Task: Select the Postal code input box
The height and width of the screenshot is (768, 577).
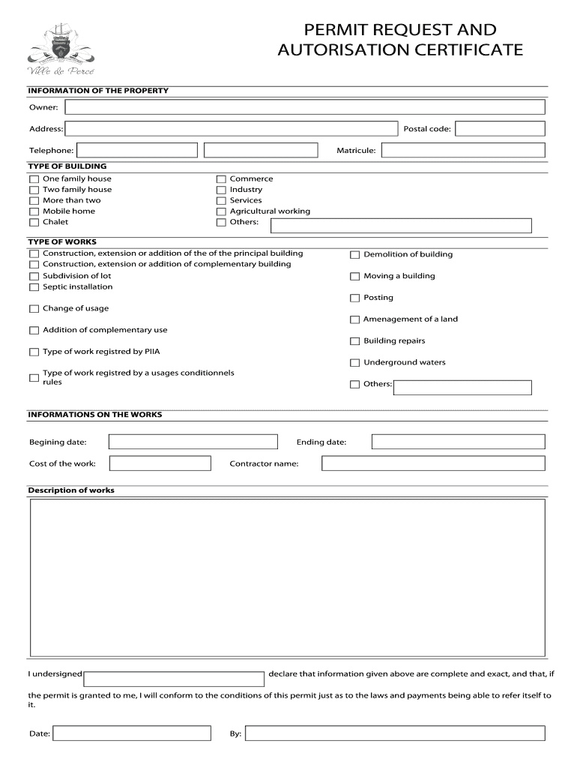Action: click(x=500, y=129)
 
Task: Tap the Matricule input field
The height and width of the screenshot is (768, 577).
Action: click(x=463, y=151)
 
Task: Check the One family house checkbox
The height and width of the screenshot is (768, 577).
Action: click(x=34, y=179)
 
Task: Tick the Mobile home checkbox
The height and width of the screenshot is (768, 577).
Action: click(x=34, y=211)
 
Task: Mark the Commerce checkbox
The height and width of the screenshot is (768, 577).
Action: click(x=221, y=179)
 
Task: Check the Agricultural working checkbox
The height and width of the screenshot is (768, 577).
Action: click(x=221, y=211)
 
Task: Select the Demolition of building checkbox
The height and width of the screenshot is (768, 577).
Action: click(x=355, y=255)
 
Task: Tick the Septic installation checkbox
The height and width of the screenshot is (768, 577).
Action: click(x=34, y=287)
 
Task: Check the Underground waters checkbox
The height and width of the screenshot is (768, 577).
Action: click(x=355, y=363)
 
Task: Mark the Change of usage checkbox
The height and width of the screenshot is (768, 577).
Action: click(x=34, y=309)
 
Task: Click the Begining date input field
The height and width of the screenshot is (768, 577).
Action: click(x=193, y=442)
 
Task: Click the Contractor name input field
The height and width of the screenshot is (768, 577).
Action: click(x=433, y=463)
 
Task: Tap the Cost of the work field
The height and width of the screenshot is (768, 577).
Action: click(x=160, y=463)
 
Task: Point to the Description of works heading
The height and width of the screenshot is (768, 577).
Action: click(x=71, y=490)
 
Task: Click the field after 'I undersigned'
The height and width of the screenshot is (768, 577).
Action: click(x=174, y=679)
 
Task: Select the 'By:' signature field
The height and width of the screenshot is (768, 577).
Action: click(x=395, y=733)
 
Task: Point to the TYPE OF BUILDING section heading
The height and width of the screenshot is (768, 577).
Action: click(x=67, y=166)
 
